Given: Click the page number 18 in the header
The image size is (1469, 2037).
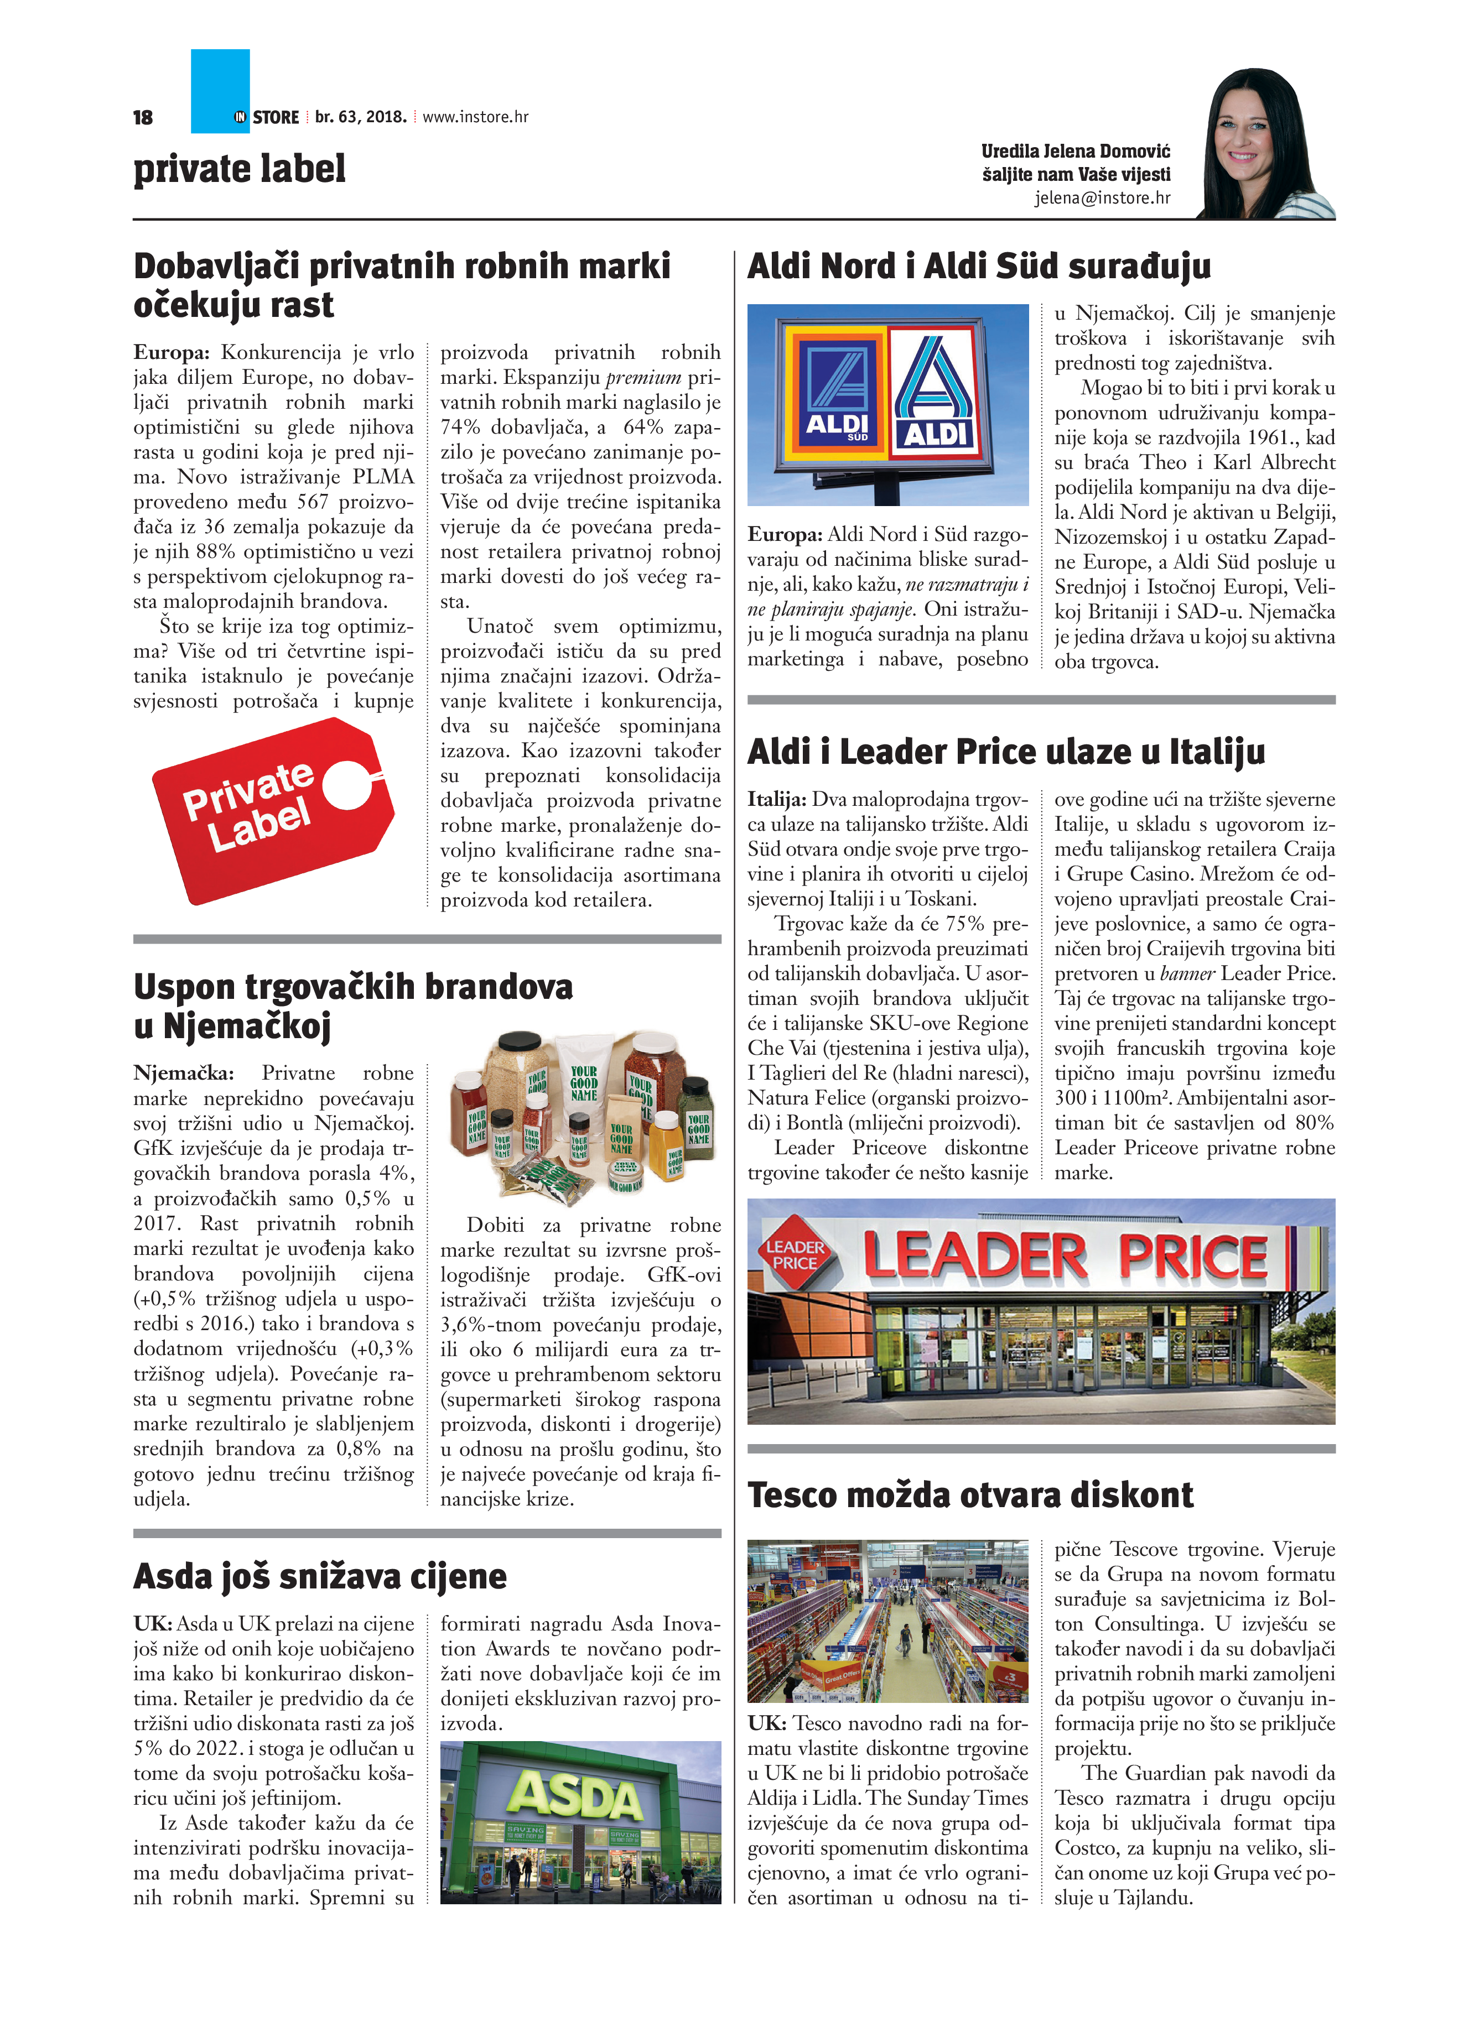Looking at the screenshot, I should click(x=143, y=118).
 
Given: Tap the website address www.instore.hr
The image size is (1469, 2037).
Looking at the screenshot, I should click(x=475, y=117).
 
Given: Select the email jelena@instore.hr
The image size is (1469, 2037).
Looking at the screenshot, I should click(x=1102, y=197).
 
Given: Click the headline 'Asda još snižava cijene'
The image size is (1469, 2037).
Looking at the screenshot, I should click(x=320, y=1576).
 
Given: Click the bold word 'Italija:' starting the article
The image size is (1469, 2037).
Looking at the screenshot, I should click(x=776, y=799).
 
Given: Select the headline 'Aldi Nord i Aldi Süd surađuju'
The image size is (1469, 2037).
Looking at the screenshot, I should click(x=978, y=267).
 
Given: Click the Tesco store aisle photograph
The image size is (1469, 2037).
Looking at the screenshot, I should click(x=887, y=1621).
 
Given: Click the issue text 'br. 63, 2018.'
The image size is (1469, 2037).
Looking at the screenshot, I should click(x=360, y=117).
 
